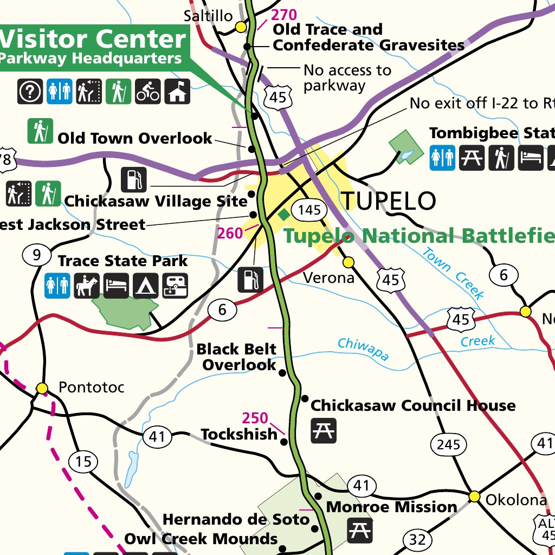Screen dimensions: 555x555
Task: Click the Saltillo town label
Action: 208,16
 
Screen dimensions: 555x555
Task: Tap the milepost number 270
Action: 284,15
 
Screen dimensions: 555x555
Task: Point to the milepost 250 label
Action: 255,418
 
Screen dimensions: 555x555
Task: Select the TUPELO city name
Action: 388,201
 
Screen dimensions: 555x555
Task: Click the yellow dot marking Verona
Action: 349,262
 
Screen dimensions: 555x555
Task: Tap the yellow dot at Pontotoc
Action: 42,388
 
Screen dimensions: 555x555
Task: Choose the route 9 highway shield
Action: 36,255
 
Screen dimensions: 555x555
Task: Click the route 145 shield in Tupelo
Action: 309,210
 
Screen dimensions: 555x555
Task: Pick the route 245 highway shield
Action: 448,445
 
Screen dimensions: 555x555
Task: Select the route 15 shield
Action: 83,462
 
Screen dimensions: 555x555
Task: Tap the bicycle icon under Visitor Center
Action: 148,91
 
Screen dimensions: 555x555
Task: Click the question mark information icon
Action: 30,91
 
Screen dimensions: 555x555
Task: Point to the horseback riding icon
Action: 87,285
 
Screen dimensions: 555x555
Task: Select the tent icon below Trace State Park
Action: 145,285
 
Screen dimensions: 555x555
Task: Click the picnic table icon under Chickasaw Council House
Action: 323,430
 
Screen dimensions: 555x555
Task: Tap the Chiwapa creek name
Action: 363,349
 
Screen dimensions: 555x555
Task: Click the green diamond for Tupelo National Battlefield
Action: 283,215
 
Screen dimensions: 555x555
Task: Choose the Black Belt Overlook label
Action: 237,357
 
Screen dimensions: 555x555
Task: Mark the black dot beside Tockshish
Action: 283,442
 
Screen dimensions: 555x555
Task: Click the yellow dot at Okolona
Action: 474,496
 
